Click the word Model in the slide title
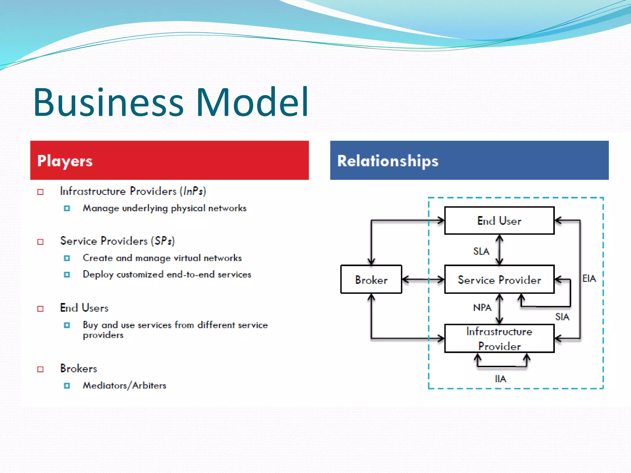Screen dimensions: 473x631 (x=252, y=102)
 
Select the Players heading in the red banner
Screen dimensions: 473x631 (x=65, y=161)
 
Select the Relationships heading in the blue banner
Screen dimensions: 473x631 (x=388, y=161)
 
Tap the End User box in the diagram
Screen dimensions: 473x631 (x=499, y=220)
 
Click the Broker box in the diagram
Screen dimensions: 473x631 (x=371, y=280)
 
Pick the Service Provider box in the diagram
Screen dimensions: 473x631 (x=499, y=280)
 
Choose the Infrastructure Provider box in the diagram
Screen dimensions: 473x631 (x=499, y=338)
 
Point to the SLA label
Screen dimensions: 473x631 (x=481, y=251)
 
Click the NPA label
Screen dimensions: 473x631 (x=482, y=307)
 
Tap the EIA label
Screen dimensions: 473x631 (x=589, y=279)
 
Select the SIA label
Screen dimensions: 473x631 (x=562, y=317)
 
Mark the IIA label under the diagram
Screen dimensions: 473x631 (x=500, y=379)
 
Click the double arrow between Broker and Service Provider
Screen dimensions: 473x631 (x=423, y=280)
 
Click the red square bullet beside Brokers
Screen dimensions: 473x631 (x=40, y=369)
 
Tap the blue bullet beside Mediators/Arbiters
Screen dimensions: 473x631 (x=67, y=386)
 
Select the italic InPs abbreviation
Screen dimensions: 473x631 (x=193, y=191)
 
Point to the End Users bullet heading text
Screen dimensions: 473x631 (x=84, y=308)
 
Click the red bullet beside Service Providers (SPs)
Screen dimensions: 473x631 (x=40, y=242)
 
